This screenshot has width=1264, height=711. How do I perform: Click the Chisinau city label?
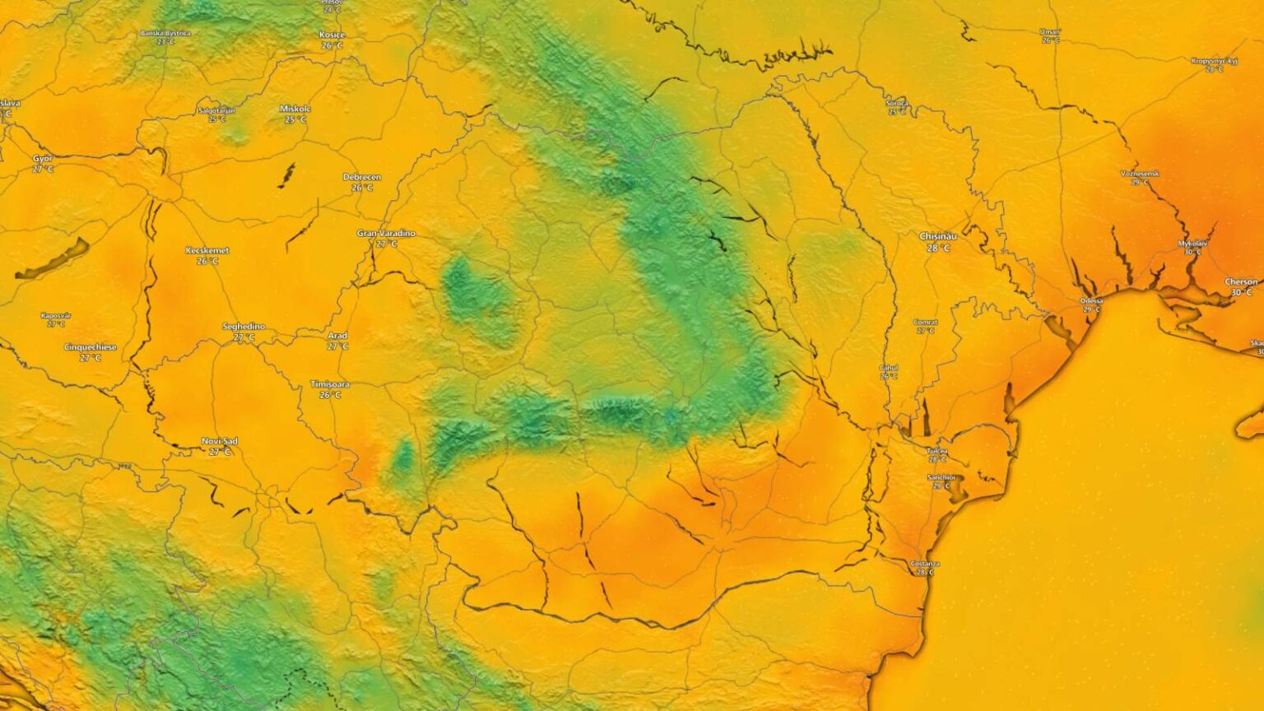(937, 236)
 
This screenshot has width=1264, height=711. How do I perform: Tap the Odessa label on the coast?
(1091, 300)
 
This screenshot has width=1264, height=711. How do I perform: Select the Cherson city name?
(1241, 281)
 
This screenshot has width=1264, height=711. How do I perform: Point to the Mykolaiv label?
(1192, 244)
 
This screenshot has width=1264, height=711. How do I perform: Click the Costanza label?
(925, 564)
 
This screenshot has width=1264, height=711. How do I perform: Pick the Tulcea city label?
(937, 451)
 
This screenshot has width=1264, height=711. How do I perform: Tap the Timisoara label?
(330, 384)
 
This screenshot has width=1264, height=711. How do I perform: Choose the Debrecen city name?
(362, 177)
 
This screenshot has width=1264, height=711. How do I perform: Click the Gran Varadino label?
(386, 234)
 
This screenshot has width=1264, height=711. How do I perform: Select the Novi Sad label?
(220, 441)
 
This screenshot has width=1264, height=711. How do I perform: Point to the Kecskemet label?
(207, 250)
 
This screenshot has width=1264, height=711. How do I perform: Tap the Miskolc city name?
(295, 109)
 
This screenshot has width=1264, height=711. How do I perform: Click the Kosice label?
(332, 35)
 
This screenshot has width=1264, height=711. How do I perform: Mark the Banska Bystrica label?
(165, 33)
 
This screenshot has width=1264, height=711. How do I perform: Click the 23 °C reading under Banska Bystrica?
(165, 42)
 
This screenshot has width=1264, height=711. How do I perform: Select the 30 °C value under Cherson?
(1241, 292)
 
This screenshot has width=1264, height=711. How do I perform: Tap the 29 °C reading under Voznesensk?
(1140, 182)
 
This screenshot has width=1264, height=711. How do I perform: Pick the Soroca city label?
(897, 103)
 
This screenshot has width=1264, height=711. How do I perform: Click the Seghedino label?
(244, 327)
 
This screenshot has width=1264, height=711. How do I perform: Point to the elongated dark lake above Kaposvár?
(52, 258)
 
